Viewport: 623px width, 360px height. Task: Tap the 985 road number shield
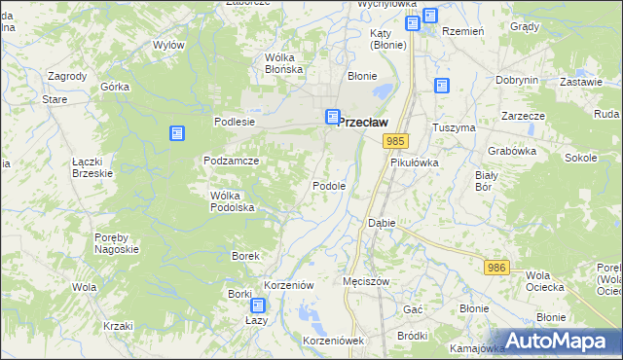[395, 142]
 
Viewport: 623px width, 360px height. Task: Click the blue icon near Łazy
[255, 306]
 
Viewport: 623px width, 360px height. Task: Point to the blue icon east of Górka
[176, 133]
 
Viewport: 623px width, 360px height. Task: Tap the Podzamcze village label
[231, 161]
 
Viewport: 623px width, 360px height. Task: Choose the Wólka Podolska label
[233, 201]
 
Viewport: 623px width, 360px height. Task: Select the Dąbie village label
[381, 223]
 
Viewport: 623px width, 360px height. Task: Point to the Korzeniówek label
[333, 341]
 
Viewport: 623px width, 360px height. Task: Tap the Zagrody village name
[66, 76]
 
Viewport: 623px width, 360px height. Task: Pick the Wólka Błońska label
[284, 63]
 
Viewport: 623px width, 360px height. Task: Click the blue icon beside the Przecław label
[332, 117]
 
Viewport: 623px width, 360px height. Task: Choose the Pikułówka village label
[415, 163]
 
